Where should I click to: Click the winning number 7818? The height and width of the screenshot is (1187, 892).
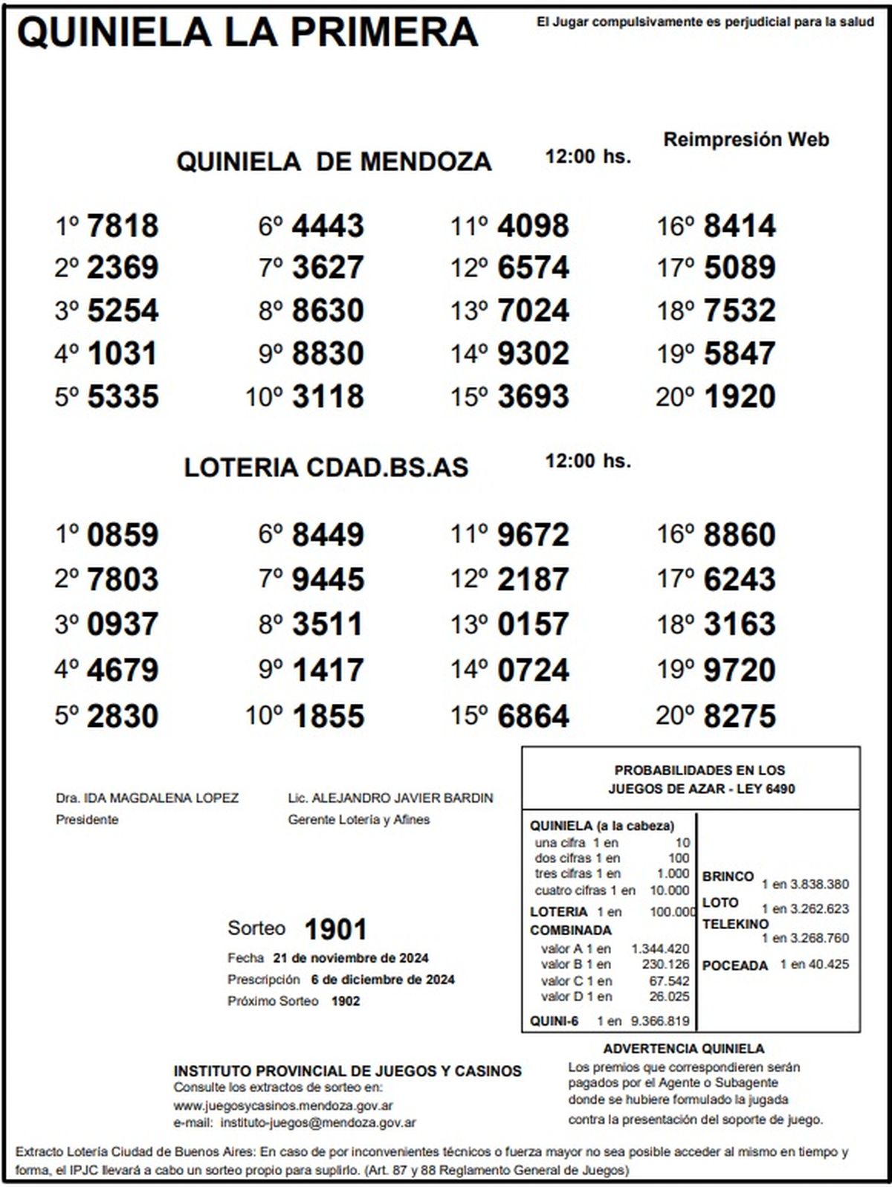[123, 226]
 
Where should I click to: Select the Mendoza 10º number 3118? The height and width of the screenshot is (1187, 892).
[328, 397]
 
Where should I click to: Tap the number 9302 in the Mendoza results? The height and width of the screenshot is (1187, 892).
[533, 354]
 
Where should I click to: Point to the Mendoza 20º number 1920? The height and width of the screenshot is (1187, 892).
[739, 397]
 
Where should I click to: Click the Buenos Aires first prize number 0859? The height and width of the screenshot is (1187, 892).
[123, 535]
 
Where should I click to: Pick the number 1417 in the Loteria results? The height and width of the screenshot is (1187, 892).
[328, 670]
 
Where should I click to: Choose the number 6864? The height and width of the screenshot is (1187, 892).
[533, 717]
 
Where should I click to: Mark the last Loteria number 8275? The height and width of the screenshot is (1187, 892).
[739, 717]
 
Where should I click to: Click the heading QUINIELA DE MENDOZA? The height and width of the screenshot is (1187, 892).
[334, 162]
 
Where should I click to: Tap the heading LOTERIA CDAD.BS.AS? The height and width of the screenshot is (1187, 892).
[326, 468]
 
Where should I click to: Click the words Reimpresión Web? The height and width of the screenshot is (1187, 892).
[746, 140]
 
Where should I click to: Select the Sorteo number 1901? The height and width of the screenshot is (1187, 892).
[336, 929]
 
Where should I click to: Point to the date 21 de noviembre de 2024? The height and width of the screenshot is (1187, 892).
[351, 958]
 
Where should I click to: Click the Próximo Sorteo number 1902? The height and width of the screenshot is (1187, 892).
[346, 1001]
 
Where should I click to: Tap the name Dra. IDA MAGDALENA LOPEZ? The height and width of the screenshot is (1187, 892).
[147, 798]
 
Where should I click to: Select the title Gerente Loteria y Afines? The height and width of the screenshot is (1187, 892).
[359, 820]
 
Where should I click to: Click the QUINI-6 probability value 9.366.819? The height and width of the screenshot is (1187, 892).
[659, 1021]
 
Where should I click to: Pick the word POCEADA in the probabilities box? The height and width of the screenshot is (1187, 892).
[734, 966]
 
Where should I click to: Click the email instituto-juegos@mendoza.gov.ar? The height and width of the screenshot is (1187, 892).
[318, 1123]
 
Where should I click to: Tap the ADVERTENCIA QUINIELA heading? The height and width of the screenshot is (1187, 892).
[683, 1049]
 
